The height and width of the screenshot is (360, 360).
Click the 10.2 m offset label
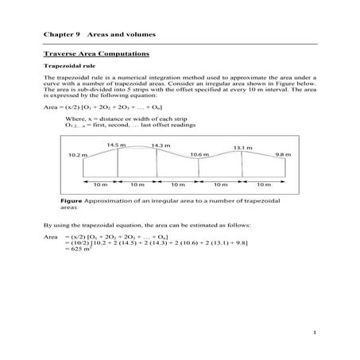77,154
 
